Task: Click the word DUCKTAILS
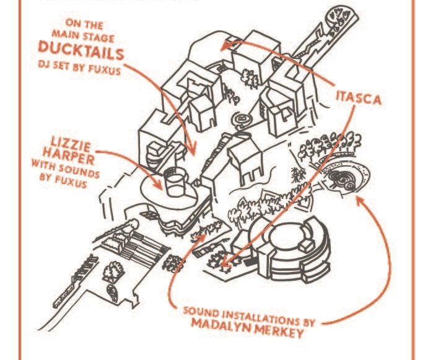point(81,50)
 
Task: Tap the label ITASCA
point(359,97)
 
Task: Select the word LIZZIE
point(71,144)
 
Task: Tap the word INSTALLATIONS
point(260,317)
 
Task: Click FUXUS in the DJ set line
point(105,70)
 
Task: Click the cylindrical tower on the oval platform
point(175,181)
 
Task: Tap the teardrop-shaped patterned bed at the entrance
point(112,294)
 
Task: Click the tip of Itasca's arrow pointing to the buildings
point(221,49)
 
